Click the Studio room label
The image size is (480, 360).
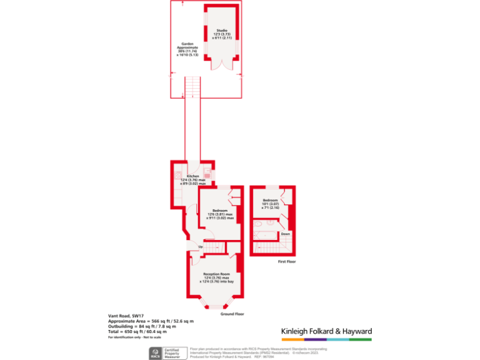pos(222,31)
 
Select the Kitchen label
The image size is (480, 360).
pos(193,176)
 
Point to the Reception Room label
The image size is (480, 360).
pos(217,274)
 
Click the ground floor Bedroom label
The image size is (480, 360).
pos(219,210)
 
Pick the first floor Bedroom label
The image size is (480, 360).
pos(270,200)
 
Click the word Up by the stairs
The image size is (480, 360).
pos(201,247)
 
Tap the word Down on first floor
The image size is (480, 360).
pos(285,234)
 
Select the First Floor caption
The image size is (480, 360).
pos(287,262)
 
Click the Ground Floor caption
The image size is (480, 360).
pos(232,314)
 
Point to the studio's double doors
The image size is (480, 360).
pos(222,62)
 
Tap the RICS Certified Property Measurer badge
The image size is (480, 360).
pos(164,353)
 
